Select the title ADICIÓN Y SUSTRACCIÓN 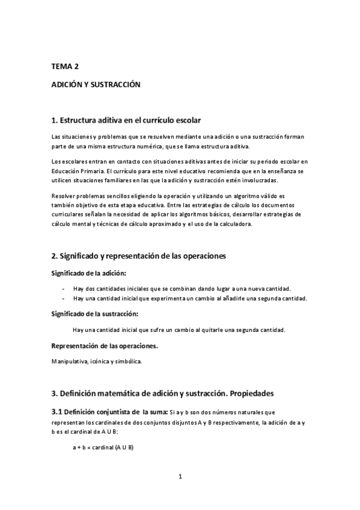pyautogui.click(x=96, y=85)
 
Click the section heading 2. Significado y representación pyautogui.click(x=138, y=256)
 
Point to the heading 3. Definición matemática pyautogui.click(x=162, y=393)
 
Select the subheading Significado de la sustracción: pyautogui.click(x=95, y=314)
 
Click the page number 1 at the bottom pyautogui.click(x=180, y=477)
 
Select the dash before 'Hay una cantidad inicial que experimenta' pyautogui.click(x=63, y=298)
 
